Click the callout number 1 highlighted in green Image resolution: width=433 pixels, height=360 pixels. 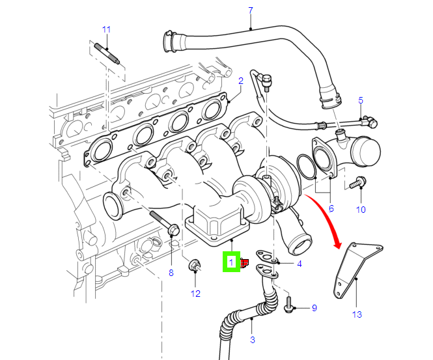(x=231, y=262)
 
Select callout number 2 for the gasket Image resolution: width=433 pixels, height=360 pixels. (x=240, y=81)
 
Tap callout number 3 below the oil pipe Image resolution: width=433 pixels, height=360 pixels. (x=252, y=340)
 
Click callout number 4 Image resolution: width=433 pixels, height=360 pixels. (x=299, y=264)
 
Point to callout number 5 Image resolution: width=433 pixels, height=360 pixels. (x=360, y=100)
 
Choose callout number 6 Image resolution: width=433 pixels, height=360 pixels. (x=331, y=209)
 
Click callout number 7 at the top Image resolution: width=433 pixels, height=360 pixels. (x=251, y=10)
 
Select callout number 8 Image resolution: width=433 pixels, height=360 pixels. (x=171, y=273)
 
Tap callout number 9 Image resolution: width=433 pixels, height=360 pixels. (x=313, y=308)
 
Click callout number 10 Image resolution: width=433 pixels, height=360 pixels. (x=361, y=210)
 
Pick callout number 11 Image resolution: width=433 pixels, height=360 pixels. (x=107, y=29)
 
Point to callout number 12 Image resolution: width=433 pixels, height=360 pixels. (x=195, y=294)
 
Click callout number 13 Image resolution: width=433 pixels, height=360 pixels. (x=357, y=315)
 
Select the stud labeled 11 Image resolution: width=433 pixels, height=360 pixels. (x=105, y=52)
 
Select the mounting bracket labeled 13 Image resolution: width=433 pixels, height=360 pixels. (x=355, y=270)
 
